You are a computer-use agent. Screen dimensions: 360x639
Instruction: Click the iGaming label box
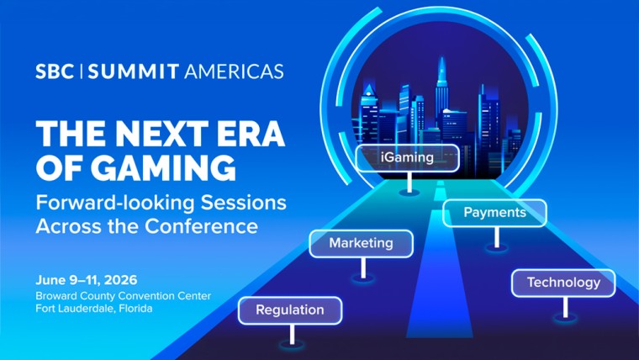[407, 157]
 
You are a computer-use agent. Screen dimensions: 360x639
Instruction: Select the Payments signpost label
[494, 213]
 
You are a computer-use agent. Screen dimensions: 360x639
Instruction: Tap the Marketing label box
[361, 243]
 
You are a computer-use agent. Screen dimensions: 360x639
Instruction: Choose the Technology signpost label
[563, 283]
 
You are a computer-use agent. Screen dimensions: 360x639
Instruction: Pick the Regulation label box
[289, 310]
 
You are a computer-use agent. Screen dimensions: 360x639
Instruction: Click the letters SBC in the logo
[55, 71]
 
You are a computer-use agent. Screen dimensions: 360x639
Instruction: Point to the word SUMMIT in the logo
[132, 71]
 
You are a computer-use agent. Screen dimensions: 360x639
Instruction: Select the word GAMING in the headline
[160, 168]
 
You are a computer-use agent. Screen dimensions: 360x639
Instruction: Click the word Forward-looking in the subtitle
[105, 204]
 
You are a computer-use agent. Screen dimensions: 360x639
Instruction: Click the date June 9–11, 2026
[87, 279]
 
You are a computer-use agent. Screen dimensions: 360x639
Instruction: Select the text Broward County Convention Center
[123, 295]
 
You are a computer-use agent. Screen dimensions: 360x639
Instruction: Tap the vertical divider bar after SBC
[82, 71]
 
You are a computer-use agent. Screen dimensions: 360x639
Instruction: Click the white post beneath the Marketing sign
[363, 267]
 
